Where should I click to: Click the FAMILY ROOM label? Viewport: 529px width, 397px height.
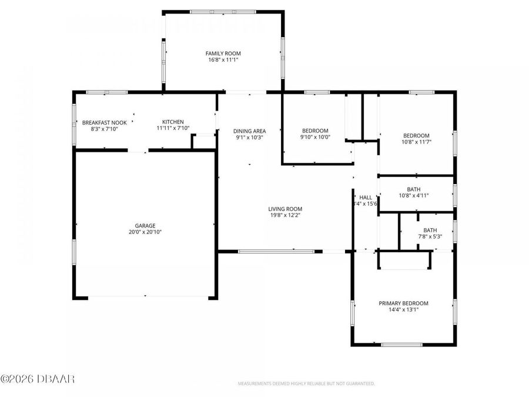pos(223,54)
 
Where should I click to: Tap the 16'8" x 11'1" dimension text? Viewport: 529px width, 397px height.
pos(223,60)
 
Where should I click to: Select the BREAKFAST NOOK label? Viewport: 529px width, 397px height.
pos(104,122)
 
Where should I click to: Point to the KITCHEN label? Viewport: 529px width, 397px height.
pos(173,122)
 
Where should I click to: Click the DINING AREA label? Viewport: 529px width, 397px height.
pos(249,131)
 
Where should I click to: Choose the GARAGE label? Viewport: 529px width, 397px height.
pos(145,225)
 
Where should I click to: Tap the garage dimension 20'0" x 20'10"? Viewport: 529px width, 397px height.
pos(145,232)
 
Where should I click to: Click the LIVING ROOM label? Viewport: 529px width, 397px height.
pos(285,209)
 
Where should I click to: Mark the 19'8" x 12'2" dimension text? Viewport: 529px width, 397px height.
pos(285,215)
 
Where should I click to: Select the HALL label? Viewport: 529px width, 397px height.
pos(366,198)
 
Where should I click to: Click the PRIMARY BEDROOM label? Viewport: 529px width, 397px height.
pos(403,303)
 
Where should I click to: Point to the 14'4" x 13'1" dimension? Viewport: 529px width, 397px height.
pos(403,310)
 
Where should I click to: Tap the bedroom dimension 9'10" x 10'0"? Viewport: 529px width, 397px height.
pos(315,137)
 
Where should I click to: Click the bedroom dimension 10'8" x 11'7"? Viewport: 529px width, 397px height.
pos(416,142)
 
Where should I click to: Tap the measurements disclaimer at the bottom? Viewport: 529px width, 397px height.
pos(306,383)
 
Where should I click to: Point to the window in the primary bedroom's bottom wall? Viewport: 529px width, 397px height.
pos(402,344)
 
